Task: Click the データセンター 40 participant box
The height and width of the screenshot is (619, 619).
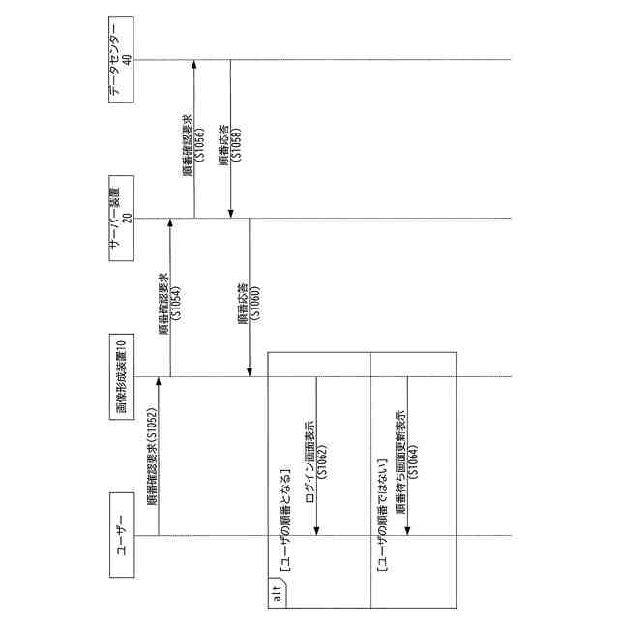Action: tap(121, 60)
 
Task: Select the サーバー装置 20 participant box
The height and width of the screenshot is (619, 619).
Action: tap(121, 218)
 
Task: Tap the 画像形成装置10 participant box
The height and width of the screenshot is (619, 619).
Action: tap(121, 376)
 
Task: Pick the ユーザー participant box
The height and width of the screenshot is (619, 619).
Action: tap(121, 535)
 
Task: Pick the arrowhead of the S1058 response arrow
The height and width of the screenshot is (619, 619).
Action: tap(229, 214)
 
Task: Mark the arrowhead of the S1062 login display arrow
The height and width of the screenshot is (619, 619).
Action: tap(316, 531)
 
